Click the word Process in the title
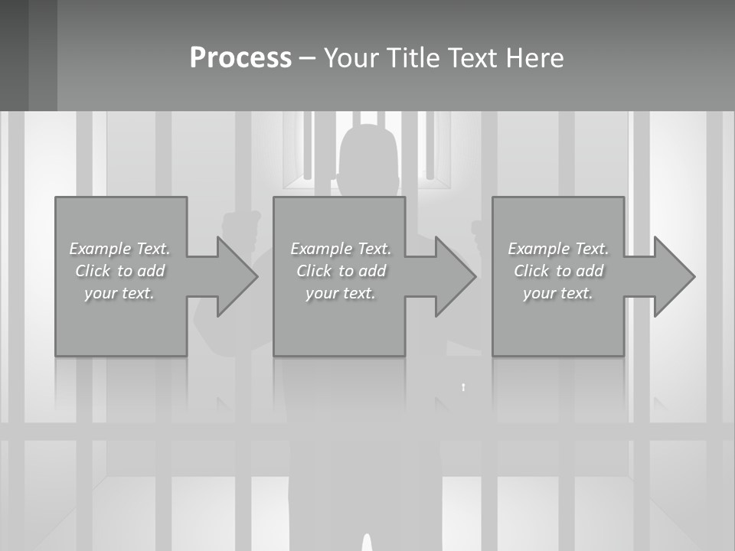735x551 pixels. point(240,58)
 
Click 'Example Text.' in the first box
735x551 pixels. point(119,249)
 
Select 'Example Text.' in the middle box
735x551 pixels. point(341,249)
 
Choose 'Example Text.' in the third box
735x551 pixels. point(558,249)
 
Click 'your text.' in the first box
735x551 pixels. point(119,293)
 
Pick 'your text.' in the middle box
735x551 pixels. point(341,293)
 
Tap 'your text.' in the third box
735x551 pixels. point(558,293)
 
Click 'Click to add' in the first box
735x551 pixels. point(119,271)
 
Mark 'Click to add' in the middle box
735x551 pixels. point(341,271)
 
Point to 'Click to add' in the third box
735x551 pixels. point(558,271)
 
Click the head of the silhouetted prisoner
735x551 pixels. point(369,157)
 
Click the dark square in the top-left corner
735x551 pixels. point(28,55)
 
